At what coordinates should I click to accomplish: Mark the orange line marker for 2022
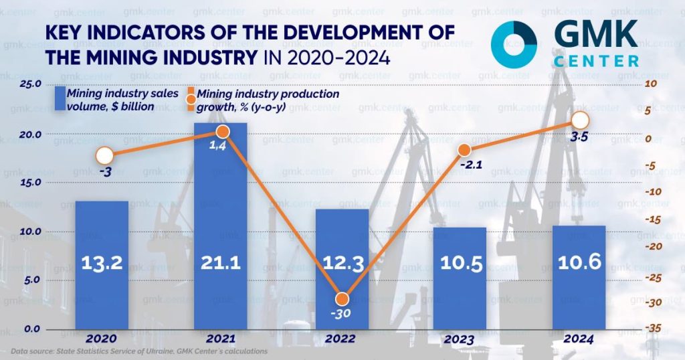pos(342,299)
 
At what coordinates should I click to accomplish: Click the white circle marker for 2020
pos(104,156)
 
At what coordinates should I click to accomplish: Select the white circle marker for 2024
pos(580,120)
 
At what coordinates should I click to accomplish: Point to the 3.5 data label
pos(580,139)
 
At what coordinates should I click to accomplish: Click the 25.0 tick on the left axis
pos(31,84)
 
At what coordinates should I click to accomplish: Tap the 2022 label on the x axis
pos(340,339)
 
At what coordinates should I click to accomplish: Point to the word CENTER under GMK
pos(596,62)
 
